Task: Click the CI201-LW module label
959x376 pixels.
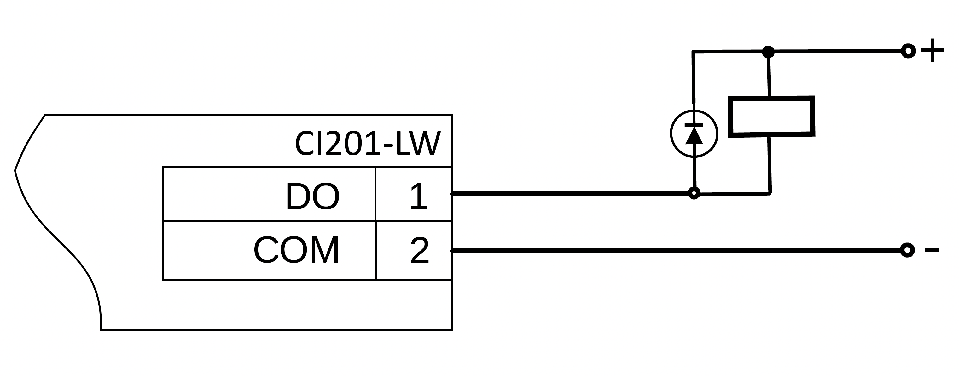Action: click(368, 144)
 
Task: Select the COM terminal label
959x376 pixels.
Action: click(296, 250)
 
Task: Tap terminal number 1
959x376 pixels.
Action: click(418, 197)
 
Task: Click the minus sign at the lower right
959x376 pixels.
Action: click(932, 250)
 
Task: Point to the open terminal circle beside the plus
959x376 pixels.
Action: click(908, 51)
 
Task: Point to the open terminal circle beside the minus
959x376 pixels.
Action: click(907, 250)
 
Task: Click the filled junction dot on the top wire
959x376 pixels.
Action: click(768, 52)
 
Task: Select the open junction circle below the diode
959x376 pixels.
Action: click(694, 193)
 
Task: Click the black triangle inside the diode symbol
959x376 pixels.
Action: click(694, 136)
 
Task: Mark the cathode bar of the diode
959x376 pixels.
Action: click(694, 125)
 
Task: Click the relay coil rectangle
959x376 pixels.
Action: click(772, 117)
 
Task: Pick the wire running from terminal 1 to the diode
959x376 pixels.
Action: click(570, 194)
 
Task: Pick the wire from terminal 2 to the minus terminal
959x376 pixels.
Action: click(670, 251)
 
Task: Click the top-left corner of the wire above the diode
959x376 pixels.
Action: click(693, 52)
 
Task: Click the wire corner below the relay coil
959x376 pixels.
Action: click(770, 193)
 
